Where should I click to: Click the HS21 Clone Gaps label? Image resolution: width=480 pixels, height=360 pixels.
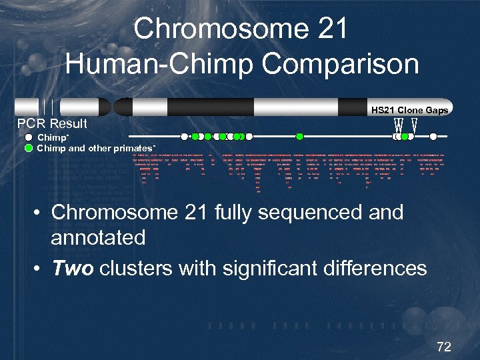(x=409, y=110)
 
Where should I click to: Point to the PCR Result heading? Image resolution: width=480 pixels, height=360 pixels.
(x=52, y=124)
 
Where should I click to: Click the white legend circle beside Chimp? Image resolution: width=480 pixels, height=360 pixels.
(x=29, y=137)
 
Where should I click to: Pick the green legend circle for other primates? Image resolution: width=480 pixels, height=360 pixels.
(x=29, y=148)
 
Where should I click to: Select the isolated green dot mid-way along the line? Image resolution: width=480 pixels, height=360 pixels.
(x=300, y=137)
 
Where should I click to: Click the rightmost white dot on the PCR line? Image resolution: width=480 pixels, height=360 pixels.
(x=433, y=137)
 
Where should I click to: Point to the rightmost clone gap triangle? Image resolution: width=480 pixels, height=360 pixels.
(x=415, y=125)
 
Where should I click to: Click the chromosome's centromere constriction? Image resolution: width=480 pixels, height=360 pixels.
(x=113, y=107)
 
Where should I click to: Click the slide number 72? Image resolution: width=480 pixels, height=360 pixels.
(x=443, y=347)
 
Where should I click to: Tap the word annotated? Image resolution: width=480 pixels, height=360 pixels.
(x=98, y=237)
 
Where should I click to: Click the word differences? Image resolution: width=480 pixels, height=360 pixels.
(x=373, y=269)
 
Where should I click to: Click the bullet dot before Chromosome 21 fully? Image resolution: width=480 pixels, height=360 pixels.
(x=39, y=213)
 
